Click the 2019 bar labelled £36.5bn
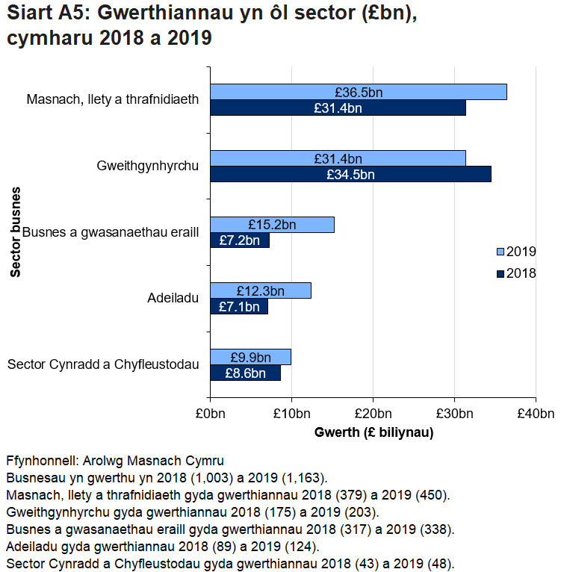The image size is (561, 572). pos(358,92)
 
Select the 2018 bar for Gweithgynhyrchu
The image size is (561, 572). pos(350,174)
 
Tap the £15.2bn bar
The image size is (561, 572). pos(272,225)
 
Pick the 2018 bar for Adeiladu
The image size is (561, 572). pos(239,306)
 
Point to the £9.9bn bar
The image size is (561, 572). pos(250,357)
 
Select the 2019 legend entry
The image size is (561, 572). pos(515,251)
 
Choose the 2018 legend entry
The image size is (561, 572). pos(515,273)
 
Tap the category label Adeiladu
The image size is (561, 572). pos(173,299)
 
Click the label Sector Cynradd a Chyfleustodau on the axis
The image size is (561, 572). pos(103,364)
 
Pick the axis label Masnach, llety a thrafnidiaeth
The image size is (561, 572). pos(113,99)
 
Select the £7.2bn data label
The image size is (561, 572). pos(240,240)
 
